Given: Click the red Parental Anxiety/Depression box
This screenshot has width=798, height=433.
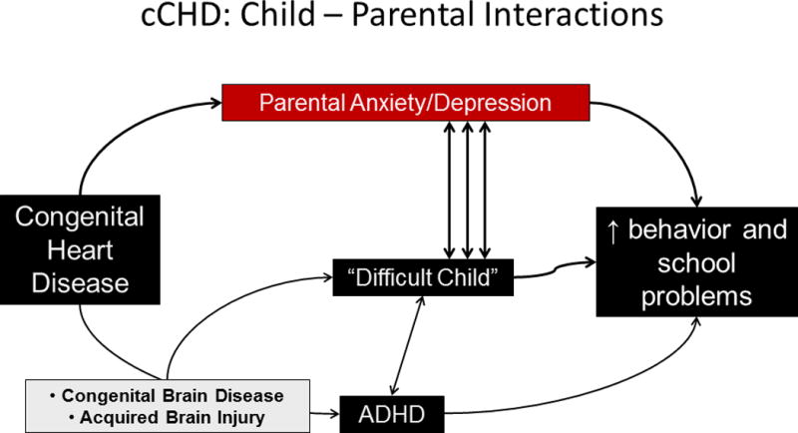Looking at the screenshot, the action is coord(404,102).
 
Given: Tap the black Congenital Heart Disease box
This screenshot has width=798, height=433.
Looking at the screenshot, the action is coord(80,249).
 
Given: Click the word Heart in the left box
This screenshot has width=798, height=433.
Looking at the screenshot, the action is coord(79,249).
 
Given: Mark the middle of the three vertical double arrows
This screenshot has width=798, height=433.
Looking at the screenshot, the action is coord(465,190).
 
